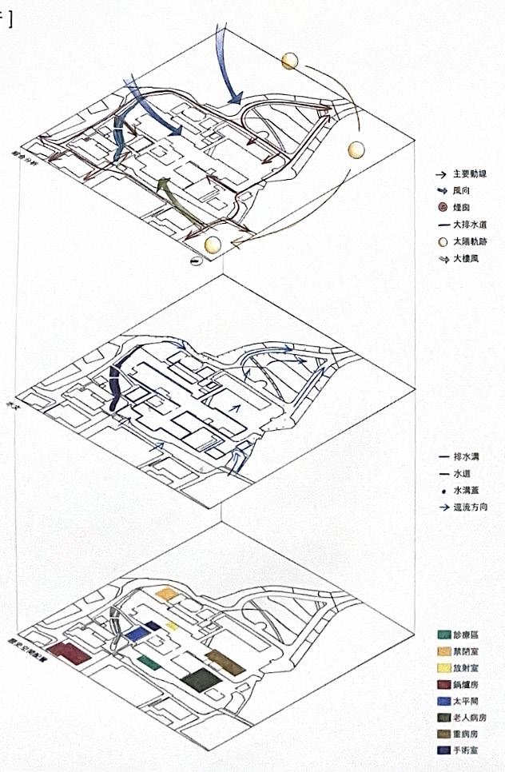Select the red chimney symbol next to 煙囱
[439, 208]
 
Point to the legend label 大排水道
[470, 225]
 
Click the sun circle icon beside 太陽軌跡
[439, 242]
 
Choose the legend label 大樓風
[467, 259]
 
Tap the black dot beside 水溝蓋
[440, 491]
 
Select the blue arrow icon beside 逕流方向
[440, 507]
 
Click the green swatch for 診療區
[444, 636]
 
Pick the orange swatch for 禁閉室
[444, 653]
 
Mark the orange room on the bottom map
[166, 594]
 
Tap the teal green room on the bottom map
[146, 660]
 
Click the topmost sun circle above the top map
[289, 62]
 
